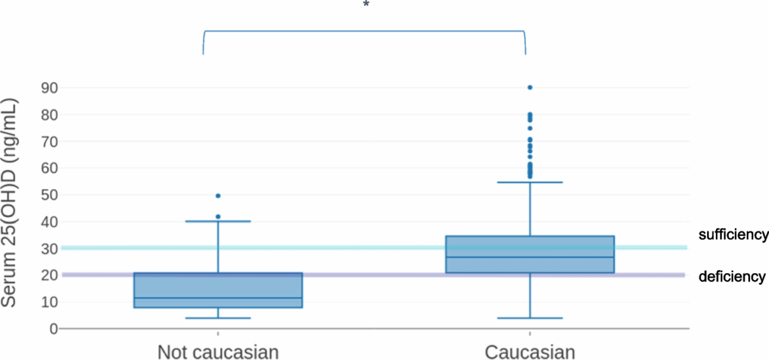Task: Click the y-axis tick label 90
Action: click(x=49, y=87)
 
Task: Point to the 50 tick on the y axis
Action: click(x=49, y=195)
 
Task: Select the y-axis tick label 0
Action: click(x=54, y=328)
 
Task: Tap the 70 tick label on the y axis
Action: click(x=49, y=141)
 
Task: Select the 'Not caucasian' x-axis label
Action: click(x=218, y=352)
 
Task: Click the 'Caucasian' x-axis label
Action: click(x=530, y=352)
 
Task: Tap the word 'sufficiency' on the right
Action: click(x=733, y=235)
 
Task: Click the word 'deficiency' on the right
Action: click(x=732, y=277)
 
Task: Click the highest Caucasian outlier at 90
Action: click(x=530, y=87)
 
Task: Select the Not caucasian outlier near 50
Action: click(x=218, y=196)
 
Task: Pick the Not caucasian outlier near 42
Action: click(x=218, y=216)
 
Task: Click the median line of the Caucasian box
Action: click(x=530, y=257)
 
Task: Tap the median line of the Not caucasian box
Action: click(x=218, y=298)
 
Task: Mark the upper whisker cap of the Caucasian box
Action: click(x=530, y=182)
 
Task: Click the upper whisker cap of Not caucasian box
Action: click(x=218, y=221)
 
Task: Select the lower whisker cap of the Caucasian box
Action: click(x=530, y=318)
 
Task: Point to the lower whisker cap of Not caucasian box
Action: click(x=218, y=318)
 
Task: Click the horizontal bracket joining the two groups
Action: click(x=364, y=31)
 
